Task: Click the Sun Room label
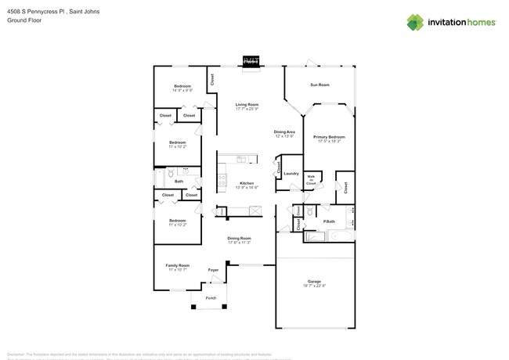tap(319, 85)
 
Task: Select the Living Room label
tap(247, 104)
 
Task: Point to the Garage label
tap(314, 281)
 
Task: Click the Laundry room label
tap(291, 173)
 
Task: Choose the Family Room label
tap(178, 265)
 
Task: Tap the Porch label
tap(211, 298)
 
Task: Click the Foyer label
tap(213, 270)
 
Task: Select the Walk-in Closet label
tap(311, 180)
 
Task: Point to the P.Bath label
tap(330, 222)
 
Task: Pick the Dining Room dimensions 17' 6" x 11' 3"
tap(239, 243)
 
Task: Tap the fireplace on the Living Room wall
tap(251, 61)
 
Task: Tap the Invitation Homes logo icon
tap(415, 23)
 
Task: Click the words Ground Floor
tap(23, 20)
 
